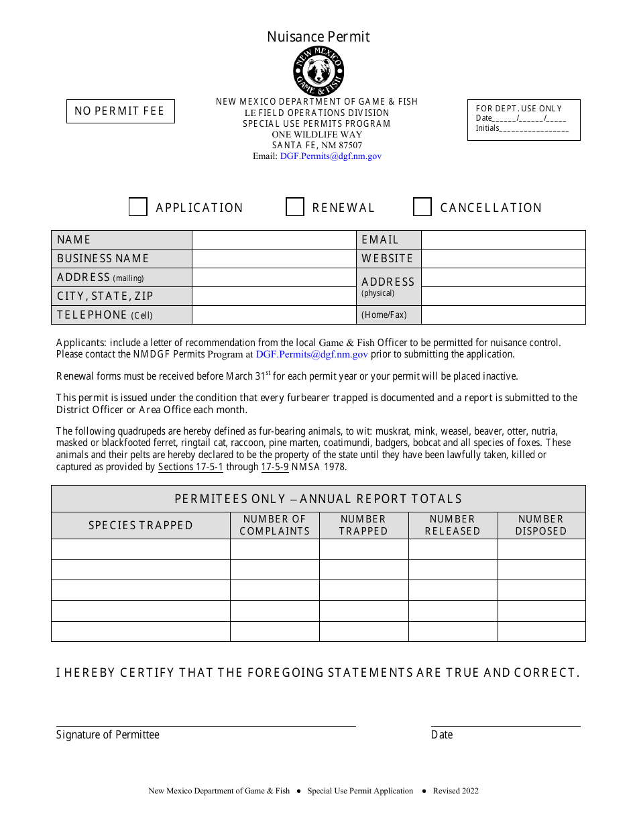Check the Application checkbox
[x=138, y=207]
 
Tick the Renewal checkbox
[x=295, y=207]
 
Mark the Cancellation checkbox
[x=422, y=207]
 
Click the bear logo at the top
[x=318, y=71]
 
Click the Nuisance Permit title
[x=318, y=37]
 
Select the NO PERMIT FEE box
[x=120, y=111]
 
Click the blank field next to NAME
[x=274, y=240]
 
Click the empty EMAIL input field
[x=503, y=240]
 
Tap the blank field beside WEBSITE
[x=503, y=259]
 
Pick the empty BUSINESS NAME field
[x=274, y=259]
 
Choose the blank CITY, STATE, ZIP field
[x=274, y=296]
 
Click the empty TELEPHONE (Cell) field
[x=274, y=315]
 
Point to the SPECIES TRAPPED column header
[x=141, y=526]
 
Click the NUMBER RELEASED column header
[x=453, y=525]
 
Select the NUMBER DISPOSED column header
[x=541, y=525]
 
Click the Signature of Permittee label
[x=108, y=735]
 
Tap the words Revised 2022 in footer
[x=456, y=791]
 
